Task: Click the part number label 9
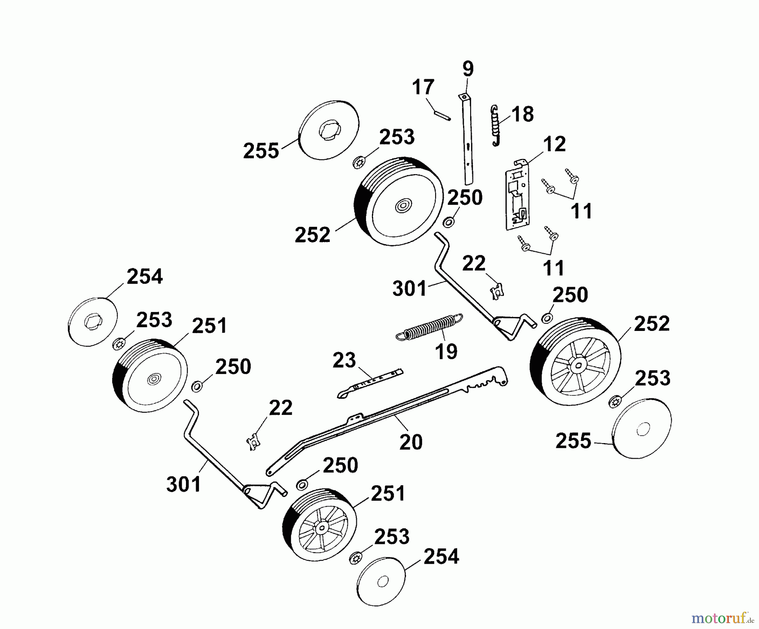(468, 69)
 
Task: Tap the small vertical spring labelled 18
(496, 126)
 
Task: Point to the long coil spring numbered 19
(430, 326)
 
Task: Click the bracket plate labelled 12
(517, 196)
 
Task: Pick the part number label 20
(411, 442)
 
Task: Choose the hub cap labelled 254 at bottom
(381, 581)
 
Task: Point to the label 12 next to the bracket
(554, 144)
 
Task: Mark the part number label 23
(344, 360)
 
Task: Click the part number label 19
(446, 351)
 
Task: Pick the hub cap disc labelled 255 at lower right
(641, 429)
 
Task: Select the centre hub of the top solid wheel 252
(403, 206)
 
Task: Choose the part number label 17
(423, 87)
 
